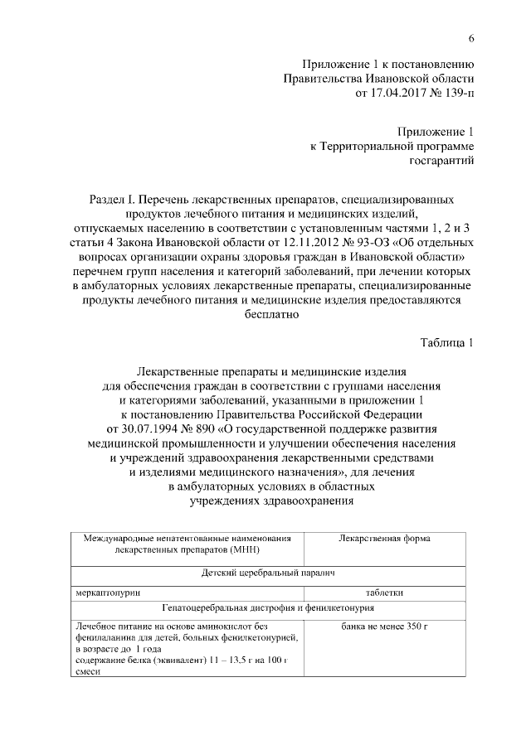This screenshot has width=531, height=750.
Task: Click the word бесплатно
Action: click(x=265, y=314)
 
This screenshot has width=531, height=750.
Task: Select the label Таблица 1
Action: click(x=446, y=343)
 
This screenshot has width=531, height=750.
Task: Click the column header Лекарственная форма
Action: click(x=384, y=539)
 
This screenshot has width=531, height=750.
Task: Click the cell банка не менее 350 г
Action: click(x=384, y=625)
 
